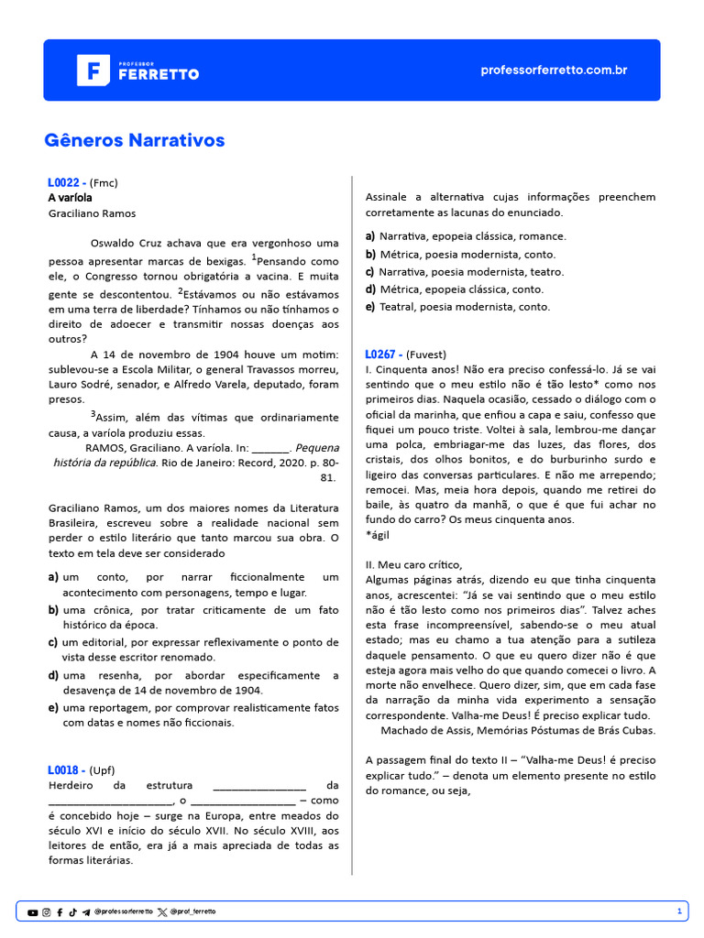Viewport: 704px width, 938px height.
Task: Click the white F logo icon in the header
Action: tap(93, 71)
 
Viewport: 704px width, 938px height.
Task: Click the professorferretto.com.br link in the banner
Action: tap(554, 71)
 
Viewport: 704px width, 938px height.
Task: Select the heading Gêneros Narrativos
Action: tap(134, 140)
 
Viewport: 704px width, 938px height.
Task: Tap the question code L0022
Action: tap(65, 182)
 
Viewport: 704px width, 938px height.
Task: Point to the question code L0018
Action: tap(65, 770)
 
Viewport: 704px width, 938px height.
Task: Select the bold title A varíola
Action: tap(70, 198)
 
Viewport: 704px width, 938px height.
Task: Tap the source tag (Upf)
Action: tap(103, 770)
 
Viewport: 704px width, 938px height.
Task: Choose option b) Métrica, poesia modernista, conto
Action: tap(461, 255)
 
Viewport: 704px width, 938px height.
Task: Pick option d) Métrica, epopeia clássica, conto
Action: tap(455, 289)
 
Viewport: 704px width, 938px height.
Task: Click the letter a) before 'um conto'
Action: tap(53, 577)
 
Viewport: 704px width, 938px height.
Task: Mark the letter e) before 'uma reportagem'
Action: tap(53, 707)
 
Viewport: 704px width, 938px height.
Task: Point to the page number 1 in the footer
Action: tap(679, 911)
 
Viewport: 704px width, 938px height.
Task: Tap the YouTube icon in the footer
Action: tap(33, 912)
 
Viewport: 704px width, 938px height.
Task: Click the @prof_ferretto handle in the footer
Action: tap(192, 912)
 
